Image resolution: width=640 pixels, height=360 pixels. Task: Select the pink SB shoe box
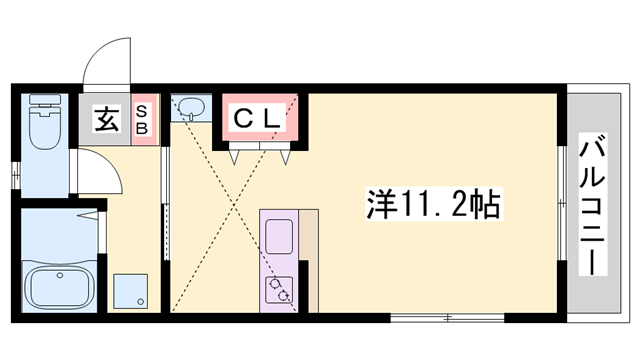[143, 121]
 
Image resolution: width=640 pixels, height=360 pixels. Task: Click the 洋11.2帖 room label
[431, 208]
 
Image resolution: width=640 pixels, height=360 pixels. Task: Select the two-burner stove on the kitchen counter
[279, 288]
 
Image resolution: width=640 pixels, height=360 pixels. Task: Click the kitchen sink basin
[277, 236]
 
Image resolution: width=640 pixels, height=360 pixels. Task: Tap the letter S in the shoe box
[143, 111]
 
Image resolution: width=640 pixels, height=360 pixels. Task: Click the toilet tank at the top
[44, 101]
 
